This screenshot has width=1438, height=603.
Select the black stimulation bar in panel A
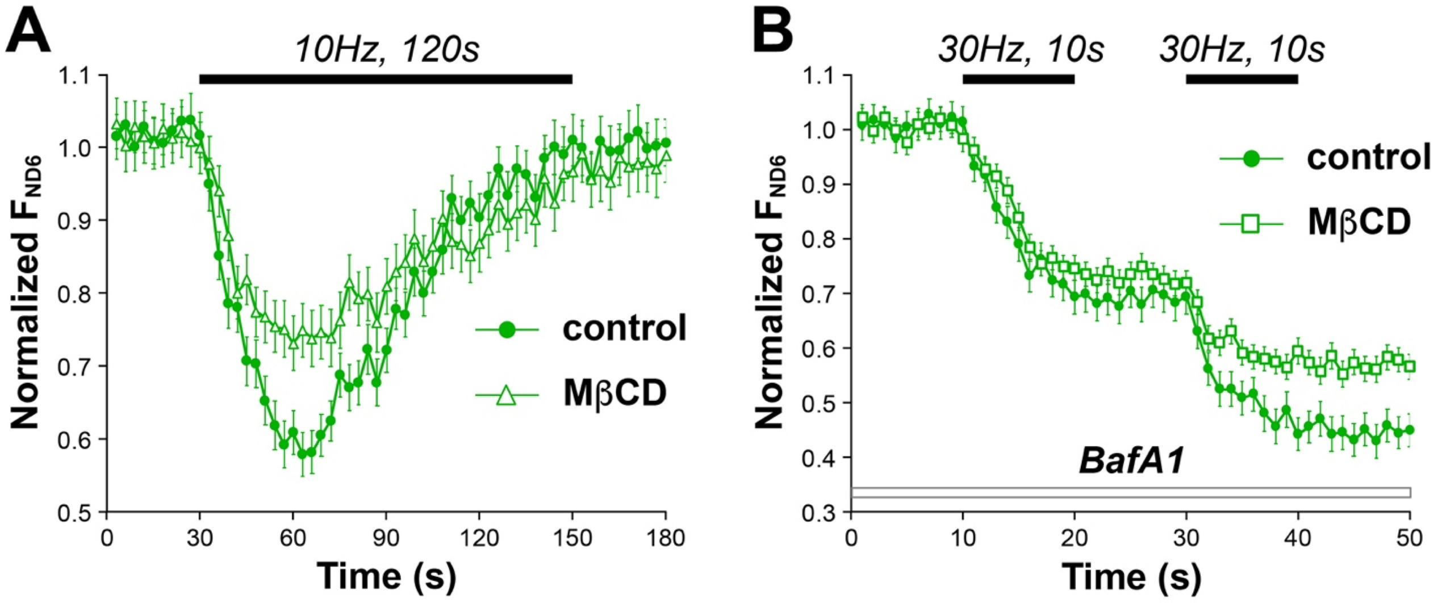tap(386, 79)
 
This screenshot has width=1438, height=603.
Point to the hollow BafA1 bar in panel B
tap(1130, 492)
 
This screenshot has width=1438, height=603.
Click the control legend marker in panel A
tap(507, 329)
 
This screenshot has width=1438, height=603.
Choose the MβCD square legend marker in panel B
tap(1251, 224)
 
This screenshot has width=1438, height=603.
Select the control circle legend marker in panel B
tap(1251, 160)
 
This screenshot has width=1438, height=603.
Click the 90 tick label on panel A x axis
tap(386, 537)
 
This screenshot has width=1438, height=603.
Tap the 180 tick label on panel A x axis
tap(665, 537)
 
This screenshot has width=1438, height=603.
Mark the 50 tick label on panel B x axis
tap(1410, 537)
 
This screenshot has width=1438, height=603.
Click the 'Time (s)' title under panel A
tap(386, 577)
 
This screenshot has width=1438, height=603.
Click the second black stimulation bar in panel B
tap(1242, 79)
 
